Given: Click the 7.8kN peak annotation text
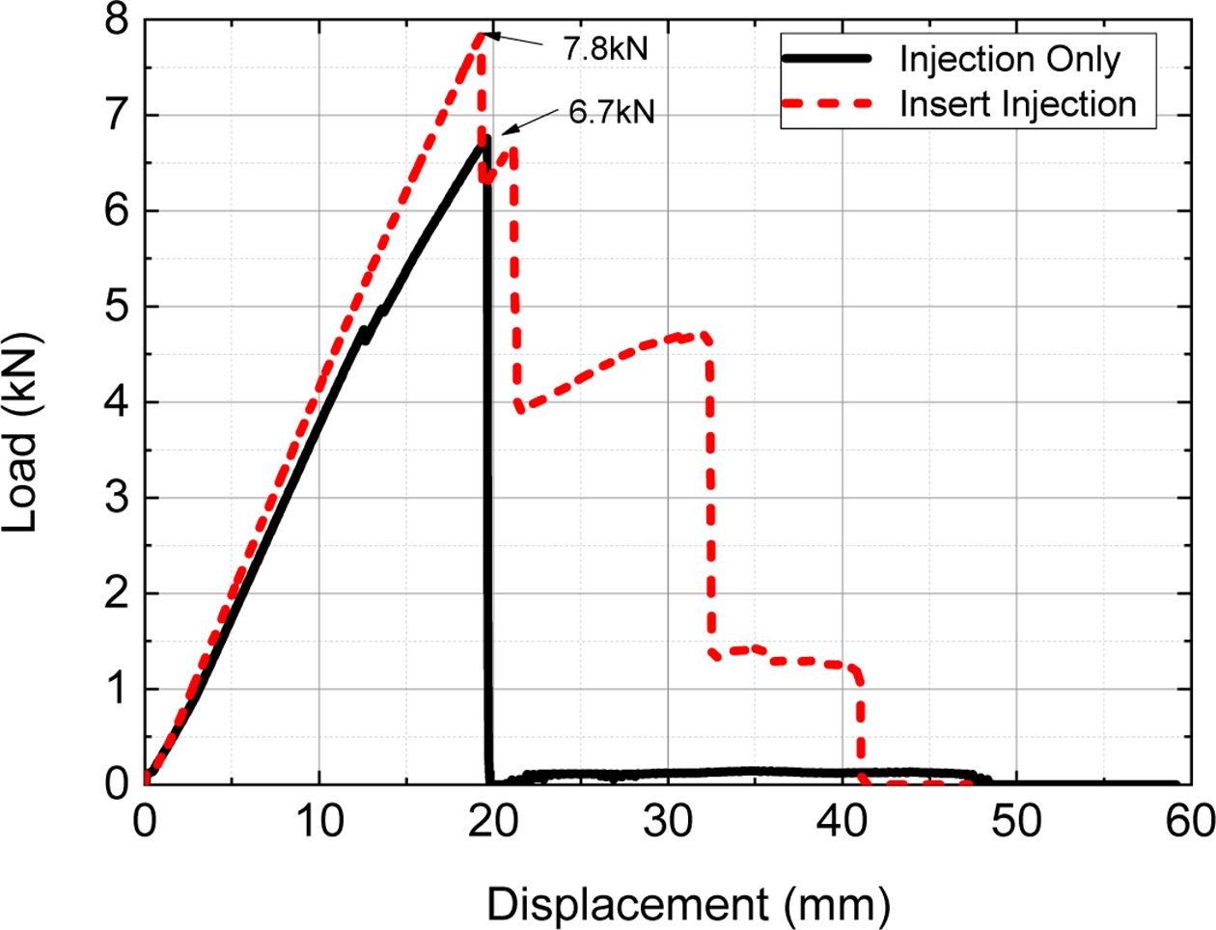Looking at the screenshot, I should click(x=605, y=47).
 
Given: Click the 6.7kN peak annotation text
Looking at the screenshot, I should click(x=611, y=112).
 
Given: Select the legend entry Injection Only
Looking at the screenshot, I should click(x=1009, y=59).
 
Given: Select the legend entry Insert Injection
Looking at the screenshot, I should click(x=1018, y=103).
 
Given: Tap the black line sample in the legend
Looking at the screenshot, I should click(x=827, y=59).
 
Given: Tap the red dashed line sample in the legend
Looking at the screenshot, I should click(x=827, y=102).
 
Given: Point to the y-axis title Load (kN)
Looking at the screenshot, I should click(x=21, y=432).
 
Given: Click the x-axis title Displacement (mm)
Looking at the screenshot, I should click(x=687, y=906).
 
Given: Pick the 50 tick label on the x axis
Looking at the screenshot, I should click(x=1017, y=822).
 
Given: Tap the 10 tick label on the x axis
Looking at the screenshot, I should click(x=319, y=822).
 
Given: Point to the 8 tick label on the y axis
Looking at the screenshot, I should click(x=118, y=21).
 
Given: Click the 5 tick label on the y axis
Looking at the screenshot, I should click(x=118, y=306).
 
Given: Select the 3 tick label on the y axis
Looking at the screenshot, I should click(x=118, y=498).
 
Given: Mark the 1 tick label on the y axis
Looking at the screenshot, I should click(x=118, y=689).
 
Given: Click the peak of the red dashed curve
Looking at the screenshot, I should click(x=480, y=35).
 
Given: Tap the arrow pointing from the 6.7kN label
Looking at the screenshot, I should click(x=529, y=120).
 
